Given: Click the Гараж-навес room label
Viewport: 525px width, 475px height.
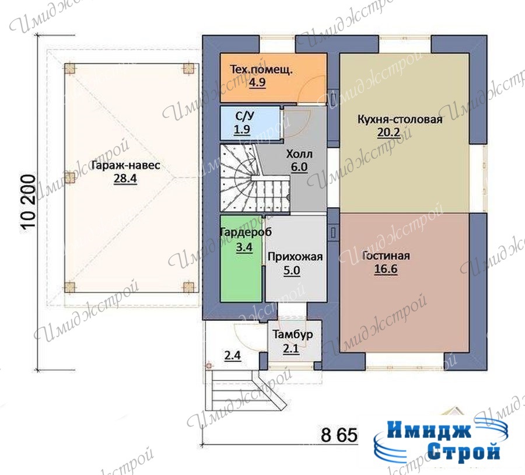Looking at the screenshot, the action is (x=125, y=166).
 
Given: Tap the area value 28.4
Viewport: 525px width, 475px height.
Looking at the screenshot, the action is (x=125, y=179).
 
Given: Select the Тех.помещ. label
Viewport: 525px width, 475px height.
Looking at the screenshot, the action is (x=261, y=70).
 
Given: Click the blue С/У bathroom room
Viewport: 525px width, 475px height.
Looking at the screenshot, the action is (x=250, y=123).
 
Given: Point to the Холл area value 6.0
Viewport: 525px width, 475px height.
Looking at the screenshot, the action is (x=299, y=167).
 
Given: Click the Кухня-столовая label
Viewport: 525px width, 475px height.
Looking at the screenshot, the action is (x=400, y=120).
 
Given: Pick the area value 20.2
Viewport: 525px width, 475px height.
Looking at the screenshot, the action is (x=388, y=132).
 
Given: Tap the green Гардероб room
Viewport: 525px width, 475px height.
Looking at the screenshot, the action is (x=241, y=259).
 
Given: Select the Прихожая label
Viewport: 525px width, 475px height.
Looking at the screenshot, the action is (x=295, y=257).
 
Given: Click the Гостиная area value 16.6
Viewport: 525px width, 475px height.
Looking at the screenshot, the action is (x=386, y=269).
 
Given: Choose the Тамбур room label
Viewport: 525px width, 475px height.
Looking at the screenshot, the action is (x=292, y=334).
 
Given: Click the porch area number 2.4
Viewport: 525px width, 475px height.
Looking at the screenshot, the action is (x=232, y=355).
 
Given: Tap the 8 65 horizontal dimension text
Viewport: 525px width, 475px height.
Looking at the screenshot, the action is (x=339, y=435).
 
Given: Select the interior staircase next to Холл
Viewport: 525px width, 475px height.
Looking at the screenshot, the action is (x=255, y=178).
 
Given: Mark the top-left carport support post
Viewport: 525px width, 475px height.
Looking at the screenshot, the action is (x=70, y=69).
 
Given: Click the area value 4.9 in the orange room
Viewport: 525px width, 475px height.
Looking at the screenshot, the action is (x=257, y=82).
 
